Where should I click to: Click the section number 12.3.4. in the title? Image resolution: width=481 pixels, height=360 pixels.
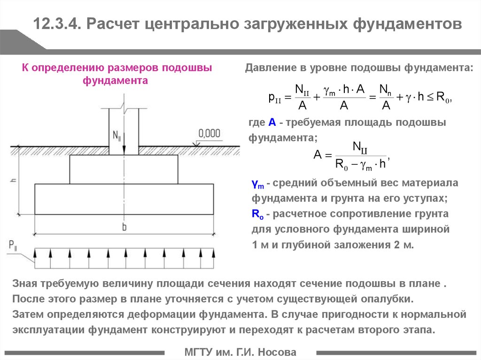[57, 23]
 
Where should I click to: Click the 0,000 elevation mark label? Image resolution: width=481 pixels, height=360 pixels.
[209, 133]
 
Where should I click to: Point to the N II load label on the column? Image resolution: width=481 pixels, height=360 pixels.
[116, 135]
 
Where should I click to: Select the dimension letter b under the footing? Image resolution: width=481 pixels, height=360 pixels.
[124, 227]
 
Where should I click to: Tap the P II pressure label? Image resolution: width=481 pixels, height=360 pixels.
[13, 245]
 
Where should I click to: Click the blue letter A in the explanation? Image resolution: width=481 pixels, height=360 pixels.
[272, 123]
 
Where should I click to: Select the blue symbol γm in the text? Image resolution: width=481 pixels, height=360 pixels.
[258, 184]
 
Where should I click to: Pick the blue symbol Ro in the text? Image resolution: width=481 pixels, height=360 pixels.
[257, 214]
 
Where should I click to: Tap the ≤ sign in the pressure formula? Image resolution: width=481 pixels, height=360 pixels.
[430, 97]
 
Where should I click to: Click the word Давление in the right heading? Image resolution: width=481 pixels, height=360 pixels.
[271, 68]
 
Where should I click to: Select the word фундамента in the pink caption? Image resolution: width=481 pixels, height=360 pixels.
[116, 81]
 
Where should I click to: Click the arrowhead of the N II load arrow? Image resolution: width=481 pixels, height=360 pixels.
[124, 151]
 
